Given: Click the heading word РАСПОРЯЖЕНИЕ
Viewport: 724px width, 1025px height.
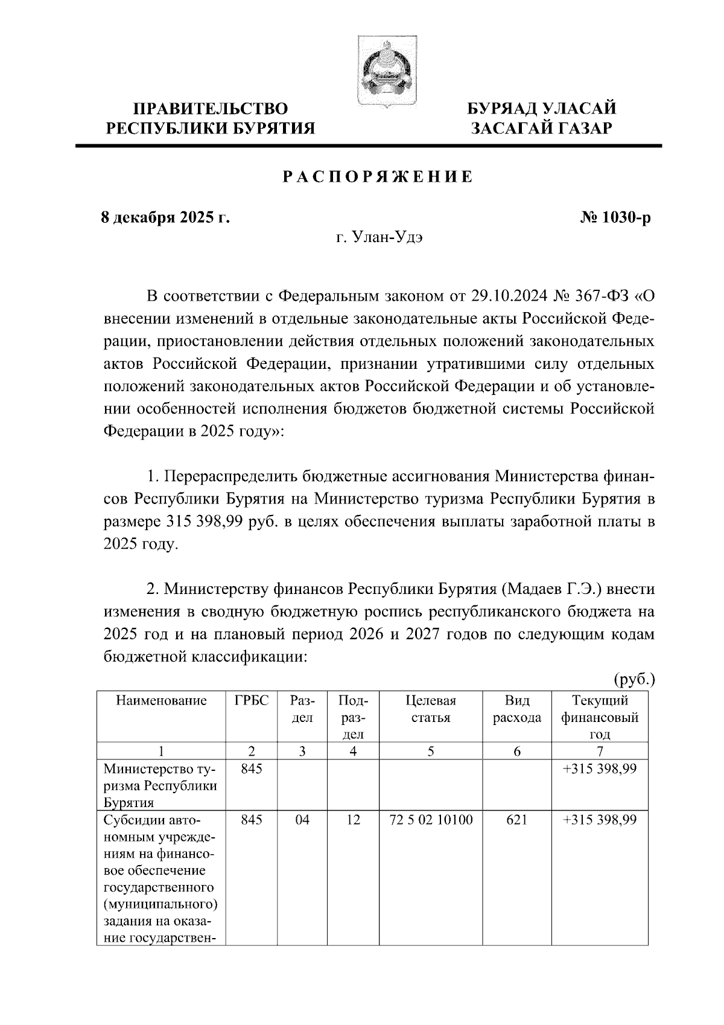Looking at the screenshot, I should point(378,177).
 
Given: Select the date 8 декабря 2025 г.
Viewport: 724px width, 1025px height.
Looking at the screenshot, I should point(165,217).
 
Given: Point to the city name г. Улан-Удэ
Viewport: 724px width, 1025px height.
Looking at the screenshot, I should point(379,237).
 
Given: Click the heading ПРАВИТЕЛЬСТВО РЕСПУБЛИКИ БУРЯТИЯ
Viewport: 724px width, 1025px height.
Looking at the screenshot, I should point(211,118).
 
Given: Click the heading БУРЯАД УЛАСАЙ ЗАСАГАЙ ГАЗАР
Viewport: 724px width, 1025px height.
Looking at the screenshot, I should point(542,118).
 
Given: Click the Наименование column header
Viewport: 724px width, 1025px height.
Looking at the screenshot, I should point(161,701).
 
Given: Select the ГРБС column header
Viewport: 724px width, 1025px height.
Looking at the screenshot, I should point(252,701).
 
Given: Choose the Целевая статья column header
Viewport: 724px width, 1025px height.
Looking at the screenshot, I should point(431,709).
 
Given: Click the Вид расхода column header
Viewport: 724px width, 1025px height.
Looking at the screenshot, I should point(517,709).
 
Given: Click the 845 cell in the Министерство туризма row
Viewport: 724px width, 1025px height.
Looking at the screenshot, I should point(252,769).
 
